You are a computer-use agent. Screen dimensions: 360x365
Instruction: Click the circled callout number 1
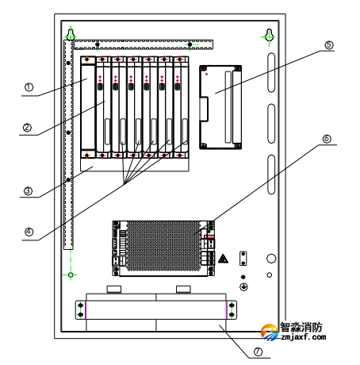29,87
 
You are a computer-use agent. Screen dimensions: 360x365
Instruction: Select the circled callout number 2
27,128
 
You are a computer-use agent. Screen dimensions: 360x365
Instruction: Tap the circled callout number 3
28,191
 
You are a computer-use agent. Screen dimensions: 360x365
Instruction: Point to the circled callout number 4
29,232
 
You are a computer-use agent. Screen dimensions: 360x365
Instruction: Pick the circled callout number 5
329,45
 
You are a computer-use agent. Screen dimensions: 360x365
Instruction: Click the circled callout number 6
327,139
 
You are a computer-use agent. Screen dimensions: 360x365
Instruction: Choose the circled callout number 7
258,352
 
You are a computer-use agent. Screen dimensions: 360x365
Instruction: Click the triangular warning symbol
223,259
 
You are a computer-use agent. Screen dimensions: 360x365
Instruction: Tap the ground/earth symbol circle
243,286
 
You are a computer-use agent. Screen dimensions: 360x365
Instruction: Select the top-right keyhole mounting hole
269,34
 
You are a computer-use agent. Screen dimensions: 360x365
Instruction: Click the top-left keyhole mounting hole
71,34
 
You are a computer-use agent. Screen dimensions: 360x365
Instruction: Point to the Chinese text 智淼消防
301,327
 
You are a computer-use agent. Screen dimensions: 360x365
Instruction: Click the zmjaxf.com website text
304,337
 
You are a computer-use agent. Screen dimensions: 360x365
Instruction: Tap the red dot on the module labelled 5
206,74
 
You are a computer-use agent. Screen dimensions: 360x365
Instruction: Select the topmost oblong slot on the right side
271,72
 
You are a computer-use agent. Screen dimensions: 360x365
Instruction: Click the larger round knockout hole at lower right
271,259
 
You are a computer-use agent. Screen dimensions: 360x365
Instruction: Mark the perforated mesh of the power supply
163,246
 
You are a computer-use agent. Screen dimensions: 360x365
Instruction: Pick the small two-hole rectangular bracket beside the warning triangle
243,259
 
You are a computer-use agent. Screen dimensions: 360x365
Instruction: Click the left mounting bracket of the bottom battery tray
81,309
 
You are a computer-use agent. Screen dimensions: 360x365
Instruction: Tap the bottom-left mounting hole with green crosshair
71,275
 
